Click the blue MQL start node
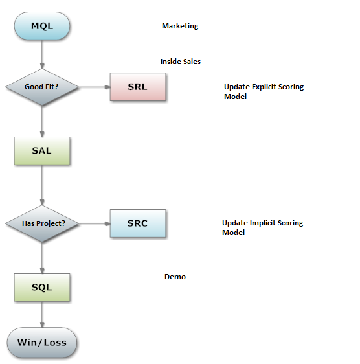[42, 26]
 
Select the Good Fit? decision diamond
[42, 87]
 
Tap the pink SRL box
[138, 87]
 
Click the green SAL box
[42, 151]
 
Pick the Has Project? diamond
[42, 223]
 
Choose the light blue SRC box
[138, 223]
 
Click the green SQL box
[42, 288]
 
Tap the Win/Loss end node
[42, 343]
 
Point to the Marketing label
[180, 26]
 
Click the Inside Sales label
[181, 62]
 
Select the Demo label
[175, 277]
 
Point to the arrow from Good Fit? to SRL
[95, 87]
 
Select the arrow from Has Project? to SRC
[95, 223]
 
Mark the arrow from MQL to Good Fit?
[42, 54]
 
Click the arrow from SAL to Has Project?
[42, 185]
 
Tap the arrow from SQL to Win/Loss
[42, 315]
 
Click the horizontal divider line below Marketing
[212, 52]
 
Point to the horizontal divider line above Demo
[211, 264]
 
